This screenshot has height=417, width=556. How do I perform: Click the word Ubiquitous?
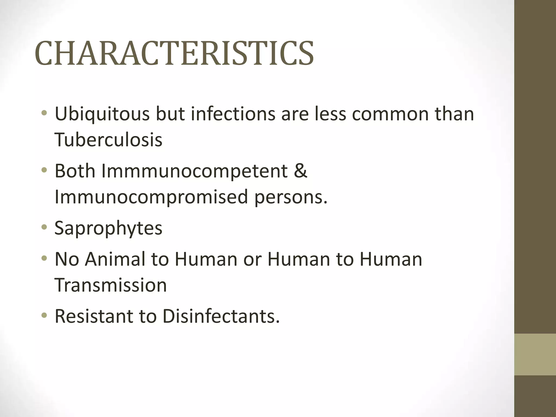[x=102, y=114]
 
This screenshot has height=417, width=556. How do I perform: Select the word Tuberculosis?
[x=108, y=140]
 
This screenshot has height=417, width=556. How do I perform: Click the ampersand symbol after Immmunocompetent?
[x=300, y=171]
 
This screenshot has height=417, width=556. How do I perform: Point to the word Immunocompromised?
[x=151, y=197]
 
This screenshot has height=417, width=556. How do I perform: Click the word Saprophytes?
[x=108, y=228]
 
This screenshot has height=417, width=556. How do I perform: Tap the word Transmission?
[x=110, y=285]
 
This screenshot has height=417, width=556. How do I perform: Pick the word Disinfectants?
[x=221, y=316]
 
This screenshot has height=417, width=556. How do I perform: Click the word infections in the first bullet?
[x=233, y=114]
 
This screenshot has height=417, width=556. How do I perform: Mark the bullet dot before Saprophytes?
[x=44, y=227]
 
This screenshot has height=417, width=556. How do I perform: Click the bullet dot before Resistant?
[x=44, y=315]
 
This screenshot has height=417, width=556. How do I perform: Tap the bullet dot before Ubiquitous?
[x=44, y=113]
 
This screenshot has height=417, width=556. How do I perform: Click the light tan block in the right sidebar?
[x=535, y=354]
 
